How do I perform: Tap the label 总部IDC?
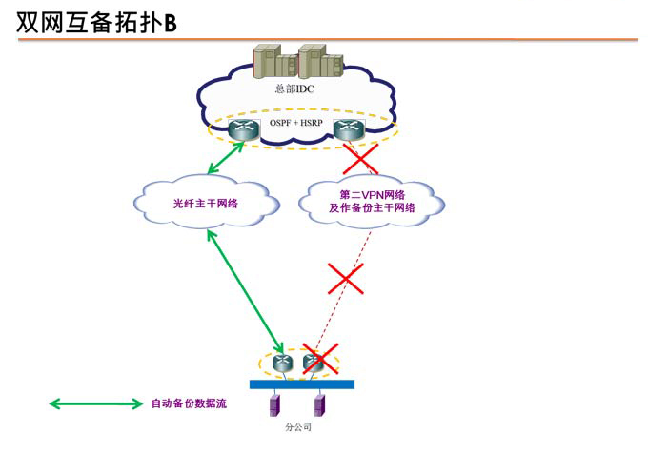tap(295, 89)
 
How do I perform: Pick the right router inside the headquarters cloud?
tap(347, 132)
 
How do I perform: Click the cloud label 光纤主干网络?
tap(205, 202)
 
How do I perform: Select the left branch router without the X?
tap(285, 363)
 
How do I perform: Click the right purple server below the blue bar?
tap(320, 406)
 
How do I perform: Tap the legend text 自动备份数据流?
tap(189, 403)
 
